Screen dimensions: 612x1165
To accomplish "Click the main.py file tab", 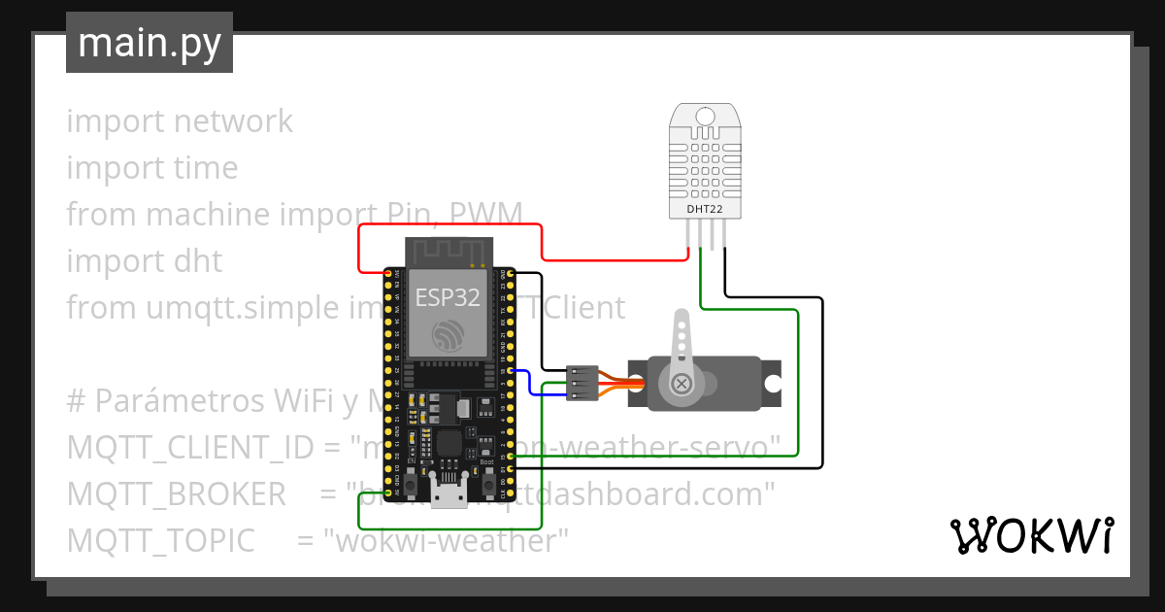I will pyautogui.click(x=150, y=43).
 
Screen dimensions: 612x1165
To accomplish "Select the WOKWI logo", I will pyautogui.click(x=1030, y=535).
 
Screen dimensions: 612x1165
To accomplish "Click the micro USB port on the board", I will pyautogui.click(x=449, y=494).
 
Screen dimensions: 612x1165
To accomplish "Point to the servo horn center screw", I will pyautogui.click(x=682, y=385).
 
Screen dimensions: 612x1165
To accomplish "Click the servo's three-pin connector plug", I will pyautogui.click(x=582, y=383).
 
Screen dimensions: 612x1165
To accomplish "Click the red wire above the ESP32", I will pyautogui.click(x=447, y=225).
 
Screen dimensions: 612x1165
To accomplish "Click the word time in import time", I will pyautogui.click(x=206, y=168).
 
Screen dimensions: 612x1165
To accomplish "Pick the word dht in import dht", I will pyautogui.click(x=198, y=261).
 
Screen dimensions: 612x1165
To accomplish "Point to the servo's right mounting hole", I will pyautogui.click(x=772, y=384).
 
